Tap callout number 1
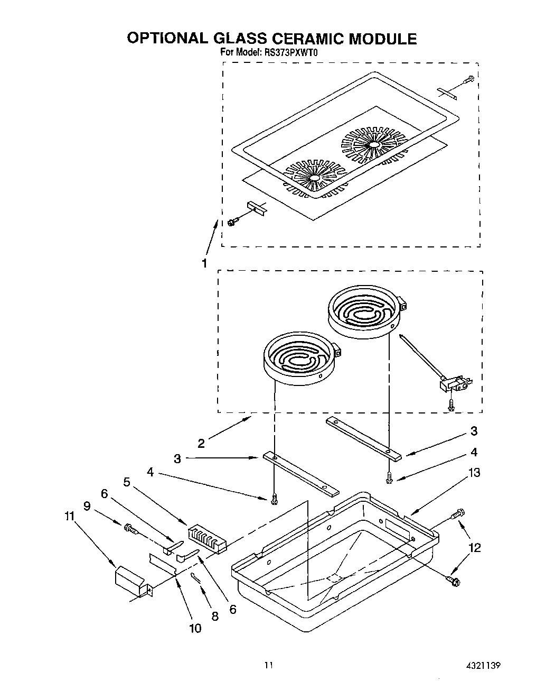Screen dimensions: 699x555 coord(204,263)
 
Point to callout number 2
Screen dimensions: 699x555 coord(201,444)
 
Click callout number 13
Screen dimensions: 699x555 coord(474,472)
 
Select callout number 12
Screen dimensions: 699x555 coord(474,548)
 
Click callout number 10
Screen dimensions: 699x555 coord(195,628)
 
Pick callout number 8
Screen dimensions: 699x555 coord(215,617)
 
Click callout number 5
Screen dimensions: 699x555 coord(127,482)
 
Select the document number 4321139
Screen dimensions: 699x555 coord(482,665)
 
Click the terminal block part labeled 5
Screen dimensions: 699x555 coord(206,538)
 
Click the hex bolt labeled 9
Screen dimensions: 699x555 coord(129,527)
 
